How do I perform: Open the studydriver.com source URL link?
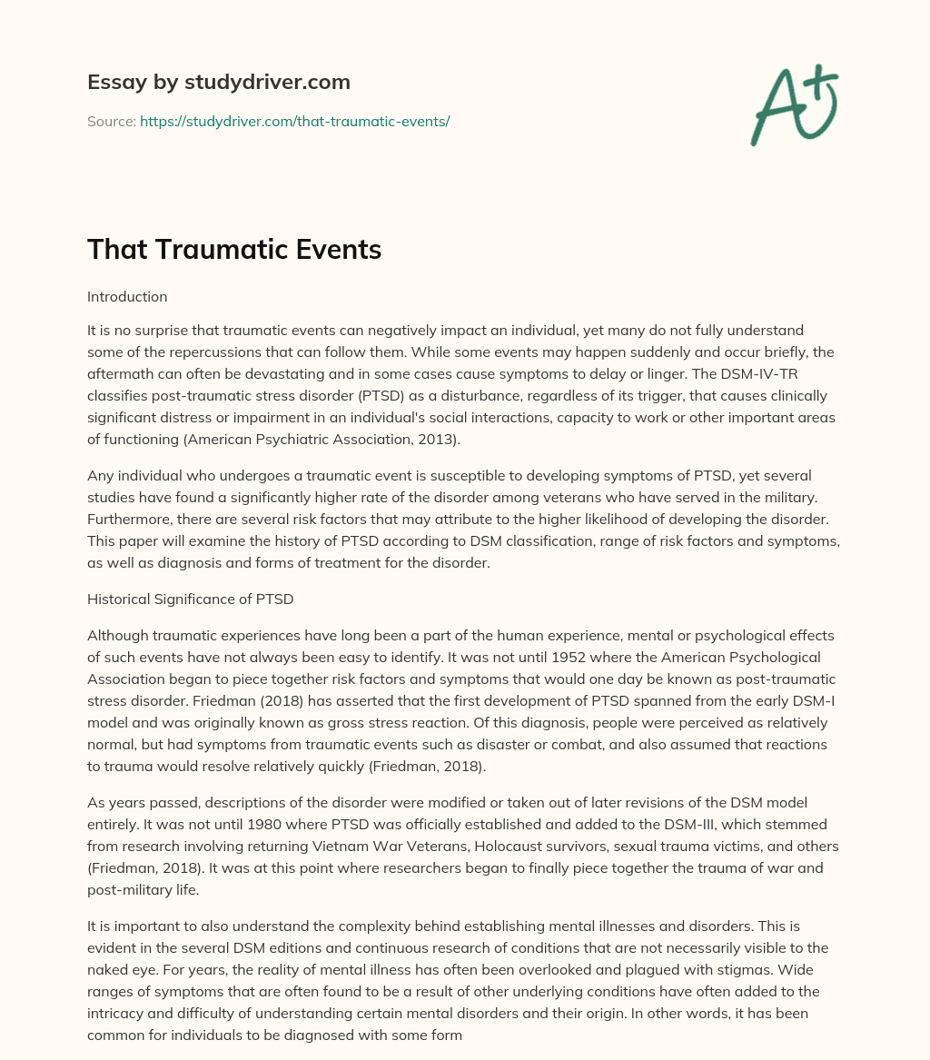294,121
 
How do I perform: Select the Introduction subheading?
127,296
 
